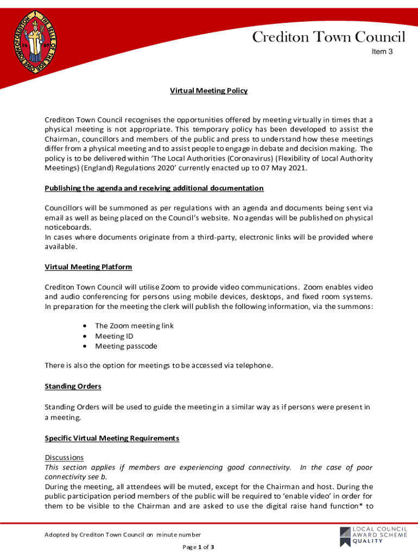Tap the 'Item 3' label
click(382, 52)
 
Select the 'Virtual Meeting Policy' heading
click(209, 91)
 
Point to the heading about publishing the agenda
click(154, 188)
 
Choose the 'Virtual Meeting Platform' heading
click(88, 267)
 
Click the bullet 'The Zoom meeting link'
click(134, 326)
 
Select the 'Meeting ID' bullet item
click(114, 336)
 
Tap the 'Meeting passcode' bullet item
click(126, 346)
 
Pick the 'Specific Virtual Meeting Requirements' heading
click(112, 438)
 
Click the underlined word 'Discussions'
click(64, 458)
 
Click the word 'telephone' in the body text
click(249, 366)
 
